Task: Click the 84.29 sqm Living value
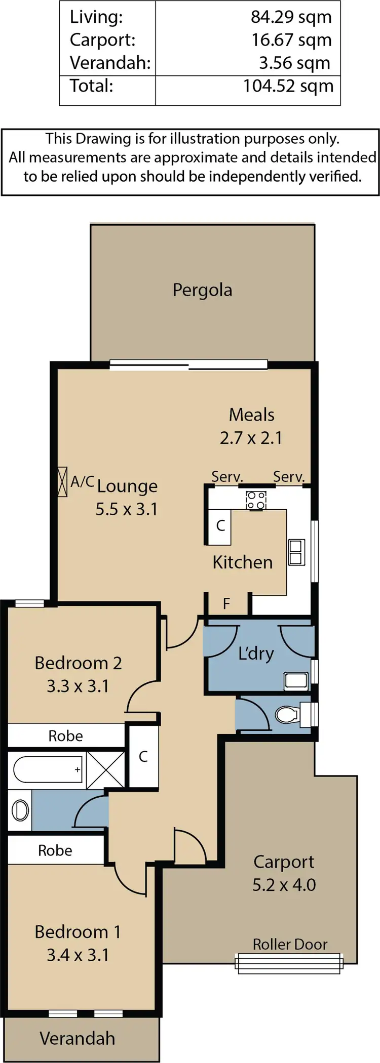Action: [x=291, y=17]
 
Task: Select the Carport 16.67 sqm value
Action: [x=291, y=40]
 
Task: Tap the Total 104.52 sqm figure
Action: [x=288, y=86]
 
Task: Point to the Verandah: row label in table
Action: [x=110, y=63]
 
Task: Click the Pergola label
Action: [x=202, y=290]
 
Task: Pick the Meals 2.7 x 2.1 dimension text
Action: [x=251, y=438]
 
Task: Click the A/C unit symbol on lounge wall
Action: [x=62, y=481]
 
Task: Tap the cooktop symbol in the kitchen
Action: [x=256, y=500]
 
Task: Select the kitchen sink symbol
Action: [x=296, y=552]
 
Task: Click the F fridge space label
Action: [x=226, y=603]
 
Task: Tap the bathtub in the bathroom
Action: [x=48, y=769]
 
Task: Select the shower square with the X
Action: [x=105, y=770]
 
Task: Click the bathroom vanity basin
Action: [x=20, y=810]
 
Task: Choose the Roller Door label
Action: [x=290, y=944]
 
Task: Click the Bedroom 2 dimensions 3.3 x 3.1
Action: [x=78, y=686]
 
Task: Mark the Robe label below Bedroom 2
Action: [x=65, y=736]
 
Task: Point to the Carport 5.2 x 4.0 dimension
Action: [x=284, y=885]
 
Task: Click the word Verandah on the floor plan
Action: [x=77, y=1038]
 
